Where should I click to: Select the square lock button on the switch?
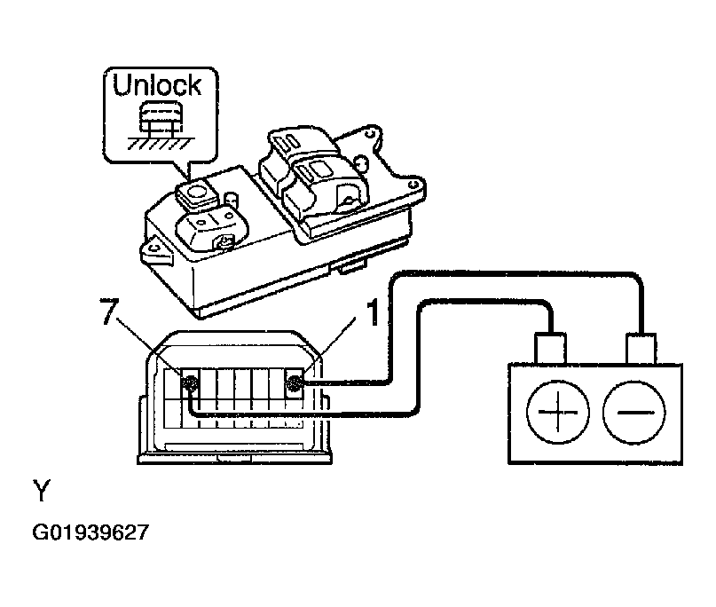point(196,188)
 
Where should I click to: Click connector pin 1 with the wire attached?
point(295,383)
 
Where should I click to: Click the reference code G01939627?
point(90,533)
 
